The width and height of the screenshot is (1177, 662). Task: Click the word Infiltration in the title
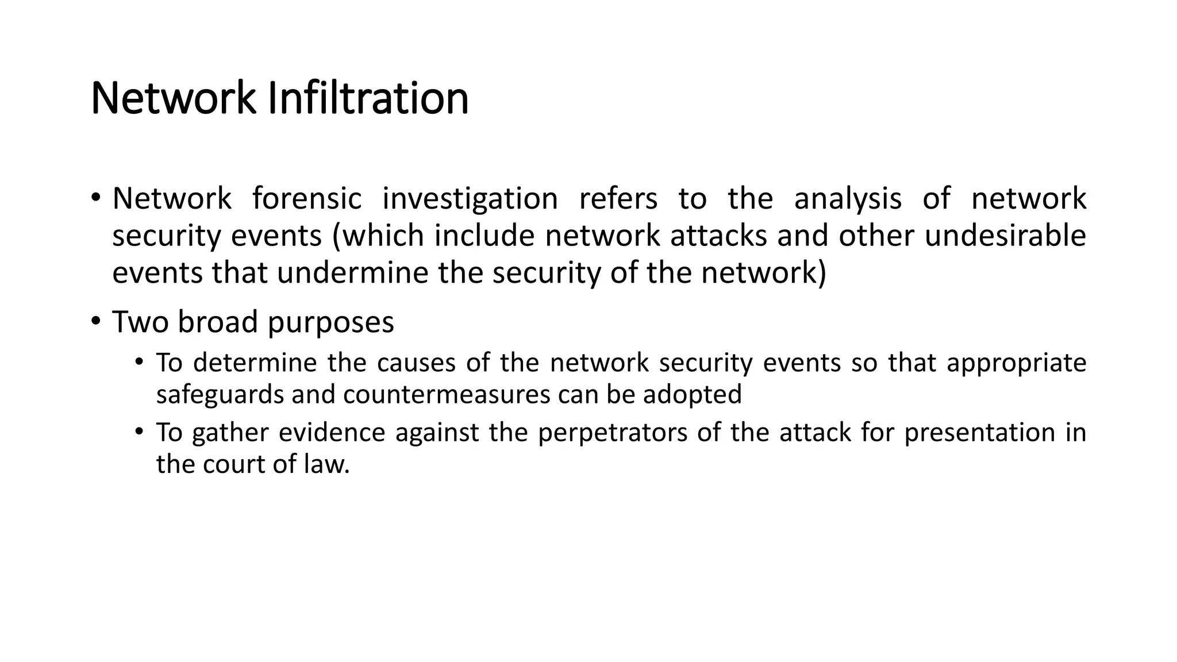[368, 98]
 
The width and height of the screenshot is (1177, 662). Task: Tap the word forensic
[307, 198]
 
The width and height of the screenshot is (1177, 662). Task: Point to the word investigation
[470, 198]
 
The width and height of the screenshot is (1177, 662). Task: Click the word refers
[618, 198]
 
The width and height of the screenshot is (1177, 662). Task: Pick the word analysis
[848, 198]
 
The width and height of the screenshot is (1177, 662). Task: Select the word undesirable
[1005, 236]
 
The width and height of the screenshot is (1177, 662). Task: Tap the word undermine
[352, 272]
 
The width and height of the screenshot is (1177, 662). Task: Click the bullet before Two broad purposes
[95, 321]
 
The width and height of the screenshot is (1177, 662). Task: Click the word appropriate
[1016, 363]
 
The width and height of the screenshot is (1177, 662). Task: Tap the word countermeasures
[447, 395]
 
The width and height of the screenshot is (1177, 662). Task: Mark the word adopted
[692, 395]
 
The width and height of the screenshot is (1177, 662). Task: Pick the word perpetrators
[613, 433]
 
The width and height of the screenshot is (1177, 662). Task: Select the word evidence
[332, 433]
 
